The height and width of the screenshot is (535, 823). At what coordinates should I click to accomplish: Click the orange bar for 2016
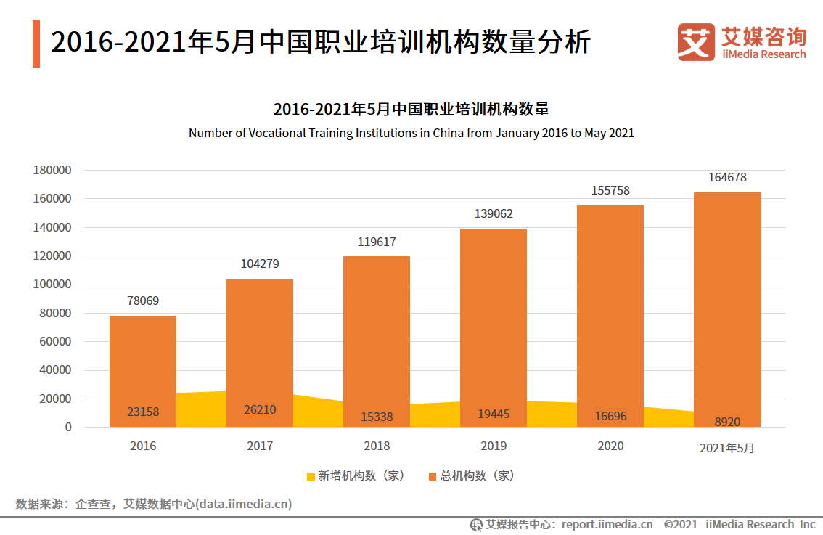(x=143, y=363)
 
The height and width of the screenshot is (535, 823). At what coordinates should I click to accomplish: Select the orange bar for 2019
(x=494, y=319)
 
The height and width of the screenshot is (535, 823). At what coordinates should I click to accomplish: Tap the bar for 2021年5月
(x=726, y=305)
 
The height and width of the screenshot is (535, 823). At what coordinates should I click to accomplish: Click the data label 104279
(x=260, y=264)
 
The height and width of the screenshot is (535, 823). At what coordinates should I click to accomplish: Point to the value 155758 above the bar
(x=610, y=190)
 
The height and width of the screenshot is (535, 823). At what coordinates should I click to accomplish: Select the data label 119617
(x=377, y=242)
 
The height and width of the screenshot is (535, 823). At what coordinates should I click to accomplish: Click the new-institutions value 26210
(x=260, y=410)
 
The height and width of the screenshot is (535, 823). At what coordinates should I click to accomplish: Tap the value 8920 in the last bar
(x=726, y=420)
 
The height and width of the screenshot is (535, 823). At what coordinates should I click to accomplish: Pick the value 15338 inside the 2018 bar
(x=377, y=417)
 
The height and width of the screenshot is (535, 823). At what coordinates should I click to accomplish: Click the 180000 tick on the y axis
(x=52, y=170)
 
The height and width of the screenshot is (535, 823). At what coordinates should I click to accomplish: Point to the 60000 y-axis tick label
(x=55, y=341)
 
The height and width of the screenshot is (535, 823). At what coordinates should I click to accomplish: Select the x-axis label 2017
(x=260, y=446)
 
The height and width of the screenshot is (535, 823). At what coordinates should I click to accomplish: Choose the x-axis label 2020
(x=610, y=446)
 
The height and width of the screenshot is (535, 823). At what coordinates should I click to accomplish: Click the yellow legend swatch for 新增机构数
(x=311, y=476)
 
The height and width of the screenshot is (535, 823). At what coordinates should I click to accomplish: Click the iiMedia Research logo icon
(x=696, y=42)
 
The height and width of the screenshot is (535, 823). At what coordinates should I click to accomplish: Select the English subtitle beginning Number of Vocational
(x=411, y=134)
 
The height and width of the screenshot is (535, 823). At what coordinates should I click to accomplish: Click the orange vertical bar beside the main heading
(x=36, y=44)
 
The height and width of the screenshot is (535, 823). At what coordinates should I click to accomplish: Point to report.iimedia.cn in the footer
(x=607, y=524)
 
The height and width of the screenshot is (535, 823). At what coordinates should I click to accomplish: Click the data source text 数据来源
(x=40, y=504)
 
